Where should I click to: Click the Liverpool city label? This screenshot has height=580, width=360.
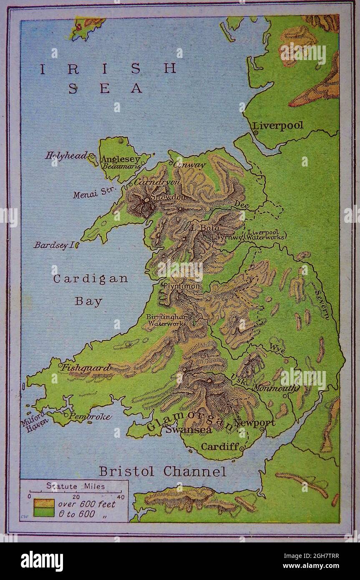click(x=278, y=126)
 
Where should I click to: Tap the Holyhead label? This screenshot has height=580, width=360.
click(x=66, y=156)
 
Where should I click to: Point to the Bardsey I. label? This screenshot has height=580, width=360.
click(x=54, y=245)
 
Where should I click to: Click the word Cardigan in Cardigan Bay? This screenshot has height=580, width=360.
click(x=90, y=279)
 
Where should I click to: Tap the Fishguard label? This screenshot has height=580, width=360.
click(x=86, y=368)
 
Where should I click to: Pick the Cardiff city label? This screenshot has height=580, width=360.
click(x=220, y=446)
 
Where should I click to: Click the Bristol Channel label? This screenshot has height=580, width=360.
click(x=163, y=472)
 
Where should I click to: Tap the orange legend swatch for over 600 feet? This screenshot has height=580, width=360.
click(x=44, y=504)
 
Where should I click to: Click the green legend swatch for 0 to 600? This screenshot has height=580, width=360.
click(x=44, y=513)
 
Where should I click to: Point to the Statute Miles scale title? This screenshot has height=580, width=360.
click(x=76, y=486)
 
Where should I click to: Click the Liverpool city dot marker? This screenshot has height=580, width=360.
click(x=255, y=133)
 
